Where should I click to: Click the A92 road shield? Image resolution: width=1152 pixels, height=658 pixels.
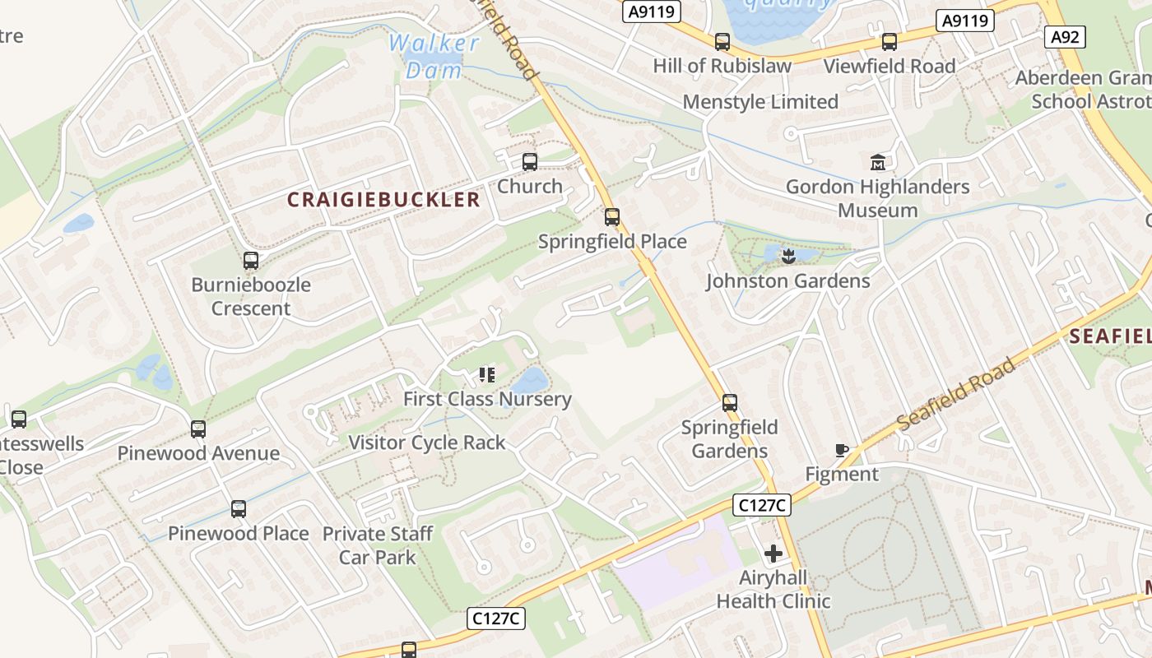[x=1066, y=36]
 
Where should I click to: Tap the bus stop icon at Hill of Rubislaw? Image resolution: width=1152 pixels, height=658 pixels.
[x=722, y=42]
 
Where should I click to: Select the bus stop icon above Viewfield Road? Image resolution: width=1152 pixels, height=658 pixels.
[x=890, y=42]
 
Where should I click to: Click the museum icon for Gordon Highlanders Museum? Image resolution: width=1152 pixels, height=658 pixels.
[x=877, y=163]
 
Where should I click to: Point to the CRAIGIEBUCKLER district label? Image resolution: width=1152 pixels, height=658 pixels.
[x=383, y=199]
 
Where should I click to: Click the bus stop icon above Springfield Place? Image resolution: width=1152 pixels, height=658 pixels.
[x=612, y=217]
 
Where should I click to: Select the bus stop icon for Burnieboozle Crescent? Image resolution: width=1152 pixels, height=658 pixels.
[x=251, y=261]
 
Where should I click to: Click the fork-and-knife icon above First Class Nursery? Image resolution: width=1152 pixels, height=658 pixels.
[x=487, y=375]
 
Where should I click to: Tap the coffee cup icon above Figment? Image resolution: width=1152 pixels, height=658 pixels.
[x=841, y=450]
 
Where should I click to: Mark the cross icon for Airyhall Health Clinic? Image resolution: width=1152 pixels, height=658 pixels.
[x=773, y=553]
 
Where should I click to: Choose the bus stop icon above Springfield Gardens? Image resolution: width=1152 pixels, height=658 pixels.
[x=730, y=403]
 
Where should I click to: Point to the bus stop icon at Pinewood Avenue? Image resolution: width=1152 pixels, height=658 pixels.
[x=198, y=429]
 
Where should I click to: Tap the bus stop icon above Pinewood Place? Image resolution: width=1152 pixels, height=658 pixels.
[x=239, y=509]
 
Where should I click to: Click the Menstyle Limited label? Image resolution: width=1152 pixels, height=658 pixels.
[x=760, y=102]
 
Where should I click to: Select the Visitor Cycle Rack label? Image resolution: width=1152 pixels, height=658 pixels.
[x=427, y=443]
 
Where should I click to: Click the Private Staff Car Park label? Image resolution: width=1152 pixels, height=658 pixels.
[x=378, y=545]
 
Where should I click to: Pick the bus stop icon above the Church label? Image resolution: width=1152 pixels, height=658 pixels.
[x=530, y=162]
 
